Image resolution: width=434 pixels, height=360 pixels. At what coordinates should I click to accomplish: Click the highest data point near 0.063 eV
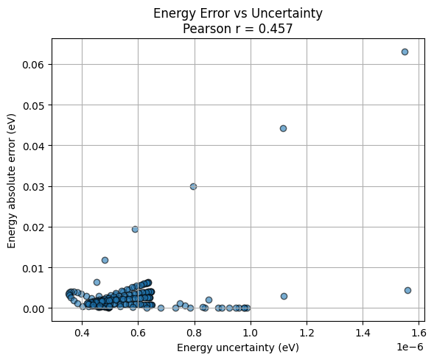(x=405, y=52)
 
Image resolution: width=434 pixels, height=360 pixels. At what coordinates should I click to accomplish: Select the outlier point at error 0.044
(x=283, y=128)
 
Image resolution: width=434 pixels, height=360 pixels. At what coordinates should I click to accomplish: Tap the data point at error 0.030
(x=193, y=186)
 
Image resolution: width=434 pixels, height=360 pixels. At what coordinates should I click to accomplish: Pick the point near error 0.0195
(x=135, y=229)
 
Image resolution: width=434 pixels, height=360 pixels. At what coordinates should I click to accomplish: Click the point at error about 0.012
(x=105, y=260)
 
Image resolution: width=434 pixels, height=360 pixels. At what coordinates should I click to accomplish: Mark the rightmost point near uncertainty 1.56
(x=407, y=290)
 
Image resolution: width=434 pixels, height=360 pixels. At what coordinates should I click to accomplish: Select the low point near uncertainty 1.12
(x=284, y=296)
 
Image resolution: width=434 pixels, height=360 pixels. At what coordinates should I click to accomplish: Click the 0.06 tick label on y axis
(x=32, y=65)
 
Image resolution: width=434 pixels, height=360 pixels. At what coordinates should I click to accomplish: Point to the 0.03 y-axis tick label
(x=32, y=186)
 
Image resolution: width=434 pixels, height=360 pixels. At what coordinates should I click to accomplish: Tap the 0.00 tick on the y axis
(x=32, y=308)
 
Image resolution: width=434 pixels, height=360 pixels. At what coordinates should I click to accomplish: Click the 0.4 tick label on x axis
(x=82, y=333)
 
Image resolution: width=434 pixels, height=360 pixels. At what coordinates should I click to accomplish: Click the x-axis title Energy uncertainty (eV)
(x=237, y=347)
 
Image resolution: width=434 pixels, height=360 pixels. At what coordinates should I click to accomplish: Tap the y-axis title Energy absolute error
(x=13, y=176)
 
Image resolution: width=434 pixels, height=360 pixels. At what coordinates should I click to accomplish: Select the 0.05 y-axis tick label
(x=32, y=105)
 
